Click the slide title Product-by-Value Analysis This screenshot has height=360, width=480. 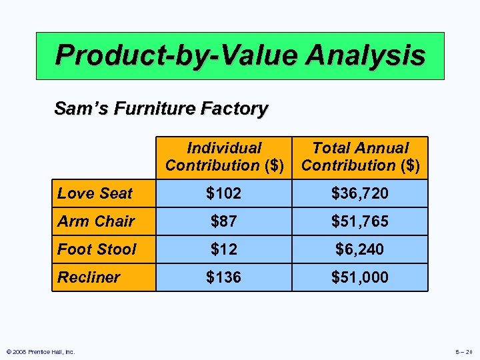point(240,55)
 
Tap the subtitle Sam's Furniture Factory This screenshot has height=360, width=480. point(161,108)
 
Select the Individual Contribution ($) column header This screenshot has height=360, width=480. point(224,157)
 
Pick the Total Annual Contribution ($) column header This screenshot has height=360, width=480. point(361,157)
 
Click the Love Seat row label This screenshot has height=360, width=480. point(95,193)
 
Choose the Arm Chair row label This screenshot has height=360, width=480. point(96,221)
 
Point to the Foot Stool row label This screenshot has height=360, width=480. point(97,249)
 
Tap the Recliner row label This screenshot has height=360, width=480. point(89,277)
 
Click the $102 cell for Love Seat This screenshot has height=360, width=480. point(224,193)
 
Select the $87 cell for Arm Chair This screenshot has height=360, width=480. point(224,221)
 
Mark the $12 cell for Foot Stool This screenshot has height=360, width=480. point(224,249)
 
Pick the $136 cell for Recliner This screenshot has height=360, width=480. point(224,277)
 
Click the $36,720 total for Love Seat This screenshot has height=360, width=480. point(360,193)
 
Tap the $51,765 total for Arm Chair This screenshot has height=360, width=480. point(360,221)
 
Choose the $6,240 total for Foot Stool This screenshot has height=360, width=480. point(360,249)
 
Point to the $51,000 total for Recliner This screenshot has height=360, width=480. point(360,277)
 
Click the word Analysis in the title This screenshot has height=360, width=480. point(365,55)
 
